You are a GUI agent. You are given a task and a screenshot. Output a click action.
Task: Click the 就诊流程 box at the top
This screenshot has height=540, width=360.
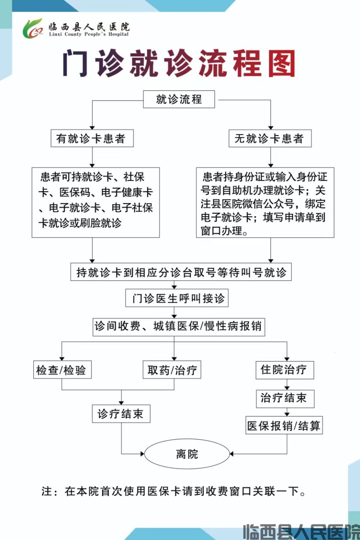coord(179,100)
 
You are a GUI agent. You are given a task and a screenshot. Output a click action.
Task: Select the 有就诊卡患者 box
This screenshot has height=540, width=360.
coord(92,138)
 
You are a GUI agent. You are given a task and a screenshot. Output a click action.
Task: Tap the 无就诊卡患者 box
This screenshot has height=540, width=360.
coord(270,138)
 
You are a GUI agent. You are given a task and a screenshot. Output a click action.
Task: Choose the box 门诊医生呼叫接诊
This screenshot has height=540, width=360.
coord(177,299)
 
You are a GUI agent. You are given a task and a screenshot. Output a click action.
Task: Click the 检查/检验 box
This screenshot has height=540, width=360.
coord(62,370)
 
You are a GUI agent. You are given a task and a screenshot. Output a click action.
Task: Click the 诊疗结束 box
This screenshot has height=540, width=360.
coord(121,413)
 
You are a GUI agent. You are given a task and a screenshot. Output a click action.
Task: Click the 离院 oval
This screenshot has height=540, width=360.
coord(187,454)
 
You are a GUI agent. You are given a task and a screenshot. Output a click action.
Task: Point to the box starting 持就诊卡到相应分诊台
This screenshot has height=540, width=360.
coord(181,272)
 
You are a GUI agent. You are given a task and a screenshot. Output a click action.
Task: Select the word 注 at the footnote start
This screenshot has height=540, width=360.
coord(47,491)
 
